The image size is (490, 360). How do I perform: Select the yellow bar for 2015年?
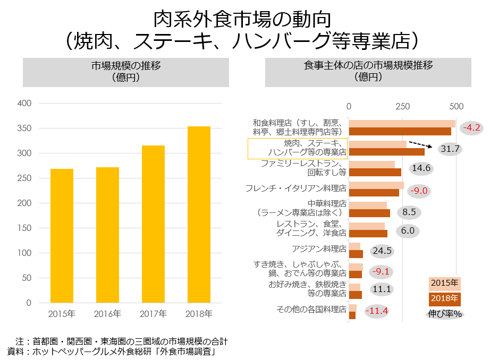[x=62, y=236]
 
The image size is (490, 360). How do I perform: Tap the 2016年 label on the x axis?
[x=107, y=313]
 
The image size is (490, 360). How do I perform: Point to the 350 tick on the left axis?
[x=24, y=128]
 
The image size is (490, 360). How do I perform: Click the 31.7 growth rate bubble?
[x=450, y=149]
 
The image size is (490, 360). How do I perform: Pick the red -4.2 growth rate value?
[x=471, y=127]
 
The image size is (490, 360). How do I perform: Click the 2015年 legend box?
[x=444, y=283]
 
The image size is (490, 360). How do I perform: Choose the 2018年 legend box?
[x=444, y=298]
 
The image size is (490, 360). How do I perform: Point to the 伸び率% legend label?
[x=445, y=314]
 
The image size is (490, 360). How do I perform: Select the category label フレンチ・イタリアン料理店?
[x=296, y=188]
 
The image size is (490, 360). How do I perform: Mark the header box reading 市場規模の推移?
[x=125, y=72]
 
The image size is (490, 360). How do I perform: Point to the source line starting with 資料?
[x=111, y=351]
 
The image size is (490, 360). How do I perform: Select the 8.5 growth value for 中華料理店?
[x=409, y=212]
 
